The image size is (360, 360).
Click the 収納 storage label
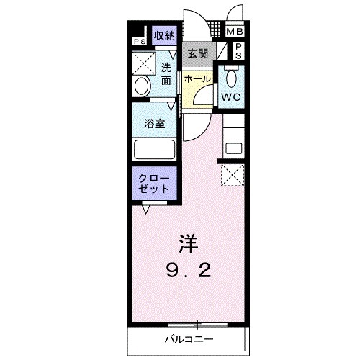[x=164, y=35]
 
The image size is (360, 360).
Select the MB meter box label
[x=235, y=32]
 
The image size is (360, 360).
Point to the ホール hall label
[x=196, y=78]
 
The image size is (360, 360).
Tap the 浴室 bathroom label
[x=154, y=122]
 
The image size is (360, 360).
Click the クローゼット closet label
[x=154, y=182]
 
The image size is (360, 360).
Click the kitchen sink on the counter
[x=235, y=148]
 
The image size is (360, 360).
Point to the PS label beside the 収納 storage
[x=139, y=41]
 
